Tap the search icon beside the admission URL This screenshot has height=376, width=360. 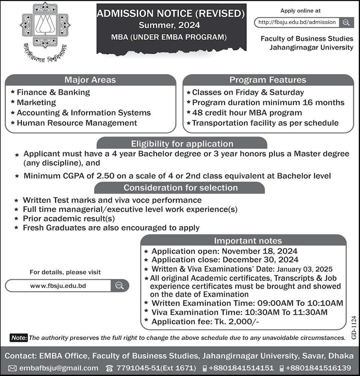(x=346, y=22)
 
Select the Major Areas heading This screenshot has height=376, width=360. (x=90, y=80)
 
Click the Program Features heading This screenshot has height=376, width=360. (x=267, y=80)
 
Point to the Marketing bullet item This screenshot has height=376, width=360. (x=36, y=102)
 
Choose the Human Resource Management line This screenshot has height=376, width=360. (x=77, y=123)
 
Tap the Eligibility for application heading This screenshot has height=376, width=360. (x=182, y=144)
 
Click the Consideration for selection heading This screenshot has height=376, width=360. (x=181, y=187)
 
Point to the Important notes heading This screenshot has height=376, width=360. (x=248, y=241)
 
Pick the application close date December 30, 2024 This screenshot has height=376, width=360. (x=260, y=259)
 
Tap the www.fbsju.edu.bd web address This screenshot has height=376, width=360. (x=58, y=286)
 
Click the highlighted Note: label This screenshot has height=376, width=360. (x=19, y=338)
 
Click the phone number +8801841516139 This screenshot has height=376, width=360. (x=318, y=368)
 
